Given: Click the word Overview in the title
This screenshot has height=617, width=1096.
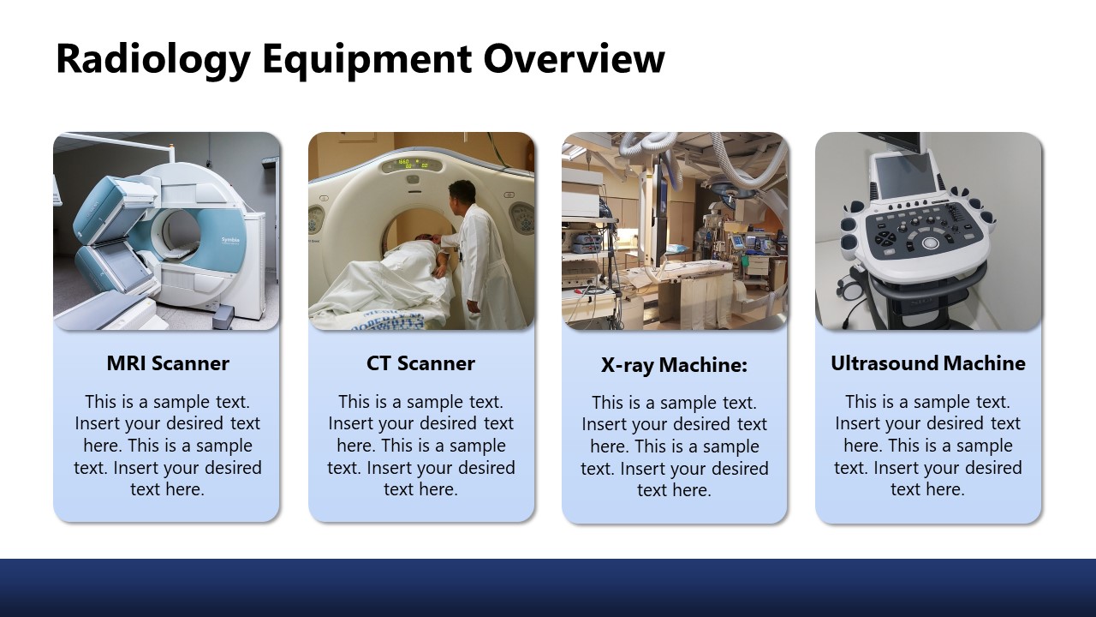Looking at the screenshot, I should click(x=574, y=60).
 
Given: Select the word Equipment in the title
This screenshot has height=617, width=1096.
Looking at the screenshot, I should click(x=366, y=60).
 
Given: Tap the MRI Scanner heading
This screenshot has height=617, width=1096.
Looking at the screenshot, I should click(x=168, y=363).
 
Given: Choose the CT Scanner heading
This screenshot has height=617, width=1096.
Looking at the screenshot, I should click(x=420, y=363).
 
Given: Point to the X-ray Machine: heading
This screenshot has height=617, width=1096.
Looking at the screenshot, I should click(x=674, y=365).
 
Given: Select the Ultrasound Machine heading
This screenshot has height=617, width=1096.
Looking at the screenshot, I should click(x=927, y=363).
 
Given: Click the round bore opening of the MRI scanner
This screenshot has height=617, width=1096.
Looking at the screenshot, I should click(x=179, y=231).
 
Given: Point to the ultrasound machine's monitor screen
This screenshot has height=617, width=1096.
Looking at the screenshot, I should click(x=903, y=176).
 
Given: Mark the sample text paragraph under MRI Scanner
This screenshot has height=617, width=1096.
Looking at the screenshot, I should click(x=168, y=446).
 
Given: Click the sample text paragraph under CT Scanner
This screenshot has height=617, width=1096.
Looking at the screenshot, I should click(x=420, y=446).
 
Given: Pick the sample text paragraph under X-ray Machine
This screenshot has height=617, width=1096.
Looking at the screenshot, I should click(x=674, y=446).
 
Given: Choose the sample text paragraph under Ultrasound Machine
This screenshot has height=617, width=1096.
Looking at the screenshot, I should click(x=927, y=446).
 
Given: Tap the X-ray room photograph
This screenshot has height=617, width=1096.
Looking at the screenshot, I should click(x=674, y=231).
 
